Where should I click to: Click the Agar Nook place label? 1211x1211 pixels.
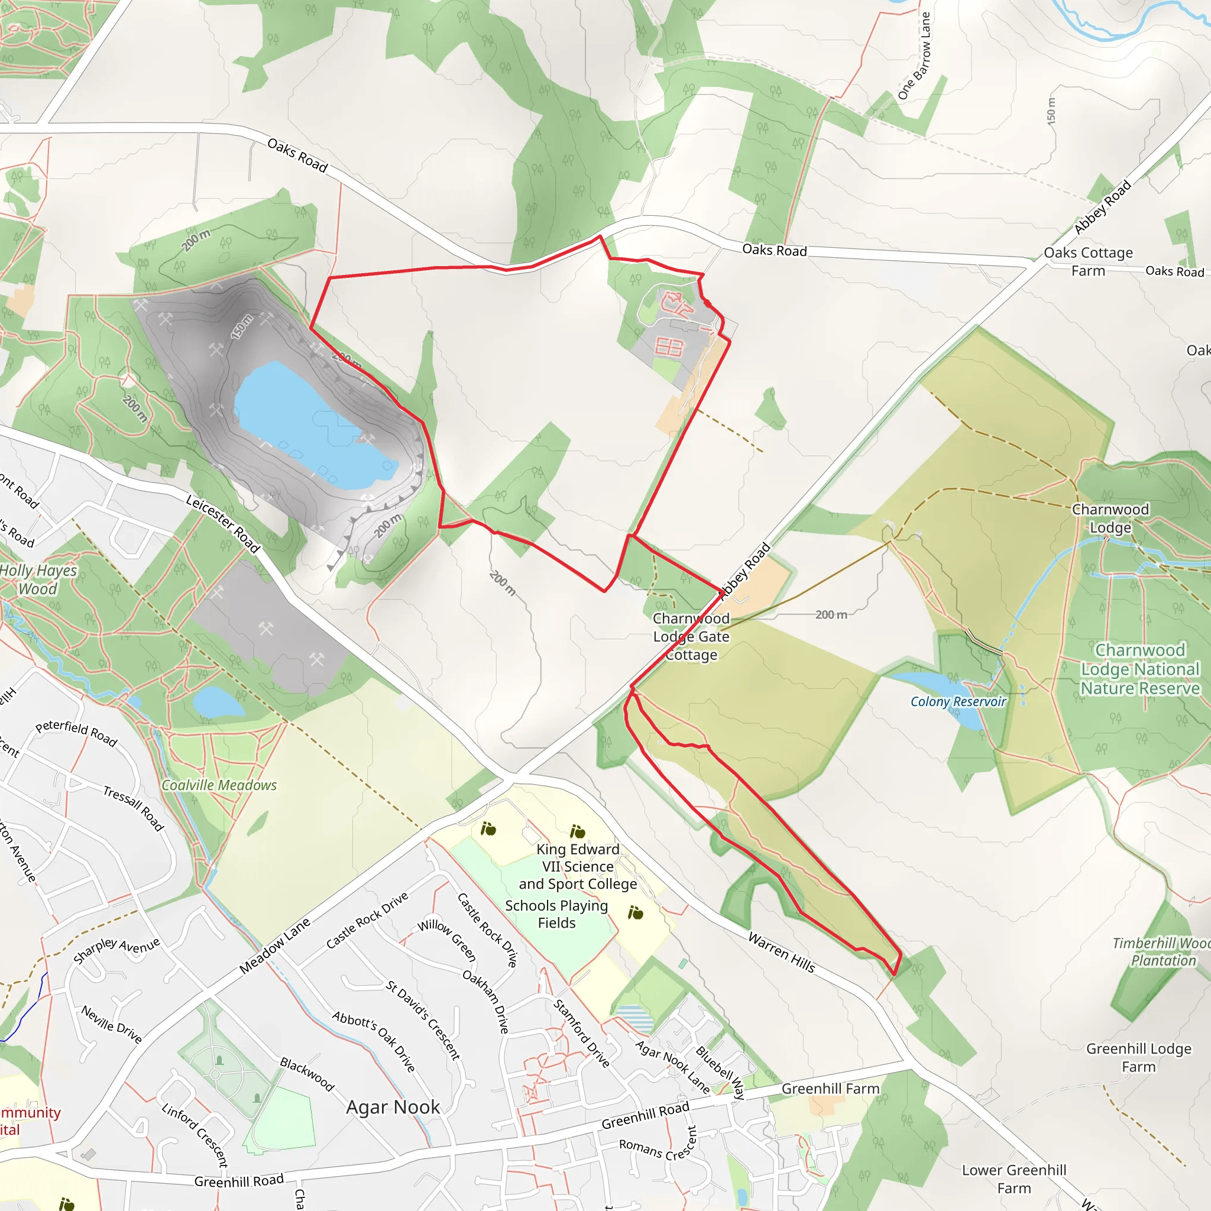coord(393,1108)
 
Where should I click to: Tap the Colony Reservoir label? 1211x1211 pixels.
coord(958,701)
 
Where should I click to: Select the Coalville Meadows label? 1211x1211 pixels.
coord(219,785)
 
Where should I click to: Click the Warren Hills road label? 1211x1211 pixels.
coord(782,952)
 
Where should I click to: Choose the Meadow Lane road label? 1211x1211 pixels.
coord(274,946)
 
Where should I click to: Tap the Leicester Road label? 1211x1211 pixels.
coord(222,523)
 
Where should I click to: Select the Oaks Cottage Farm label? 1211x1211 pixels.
coord(1088,261)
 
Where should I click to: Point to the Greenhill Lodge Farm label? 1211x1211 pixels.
coord(1138,1057)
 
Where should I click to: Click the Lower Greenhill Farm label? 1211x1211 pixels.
coord(1014,1179)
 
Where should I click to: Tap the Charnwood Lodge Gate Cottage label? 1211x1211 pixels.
coord(691,636)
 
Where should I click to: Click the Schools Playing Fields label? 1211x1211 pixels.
coord(556,914)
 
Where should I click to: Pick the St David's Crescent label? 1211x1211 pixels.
coord(423,1021)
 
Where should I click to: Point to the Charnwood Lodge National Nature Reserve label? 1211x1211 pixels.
coord(1139,669)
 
